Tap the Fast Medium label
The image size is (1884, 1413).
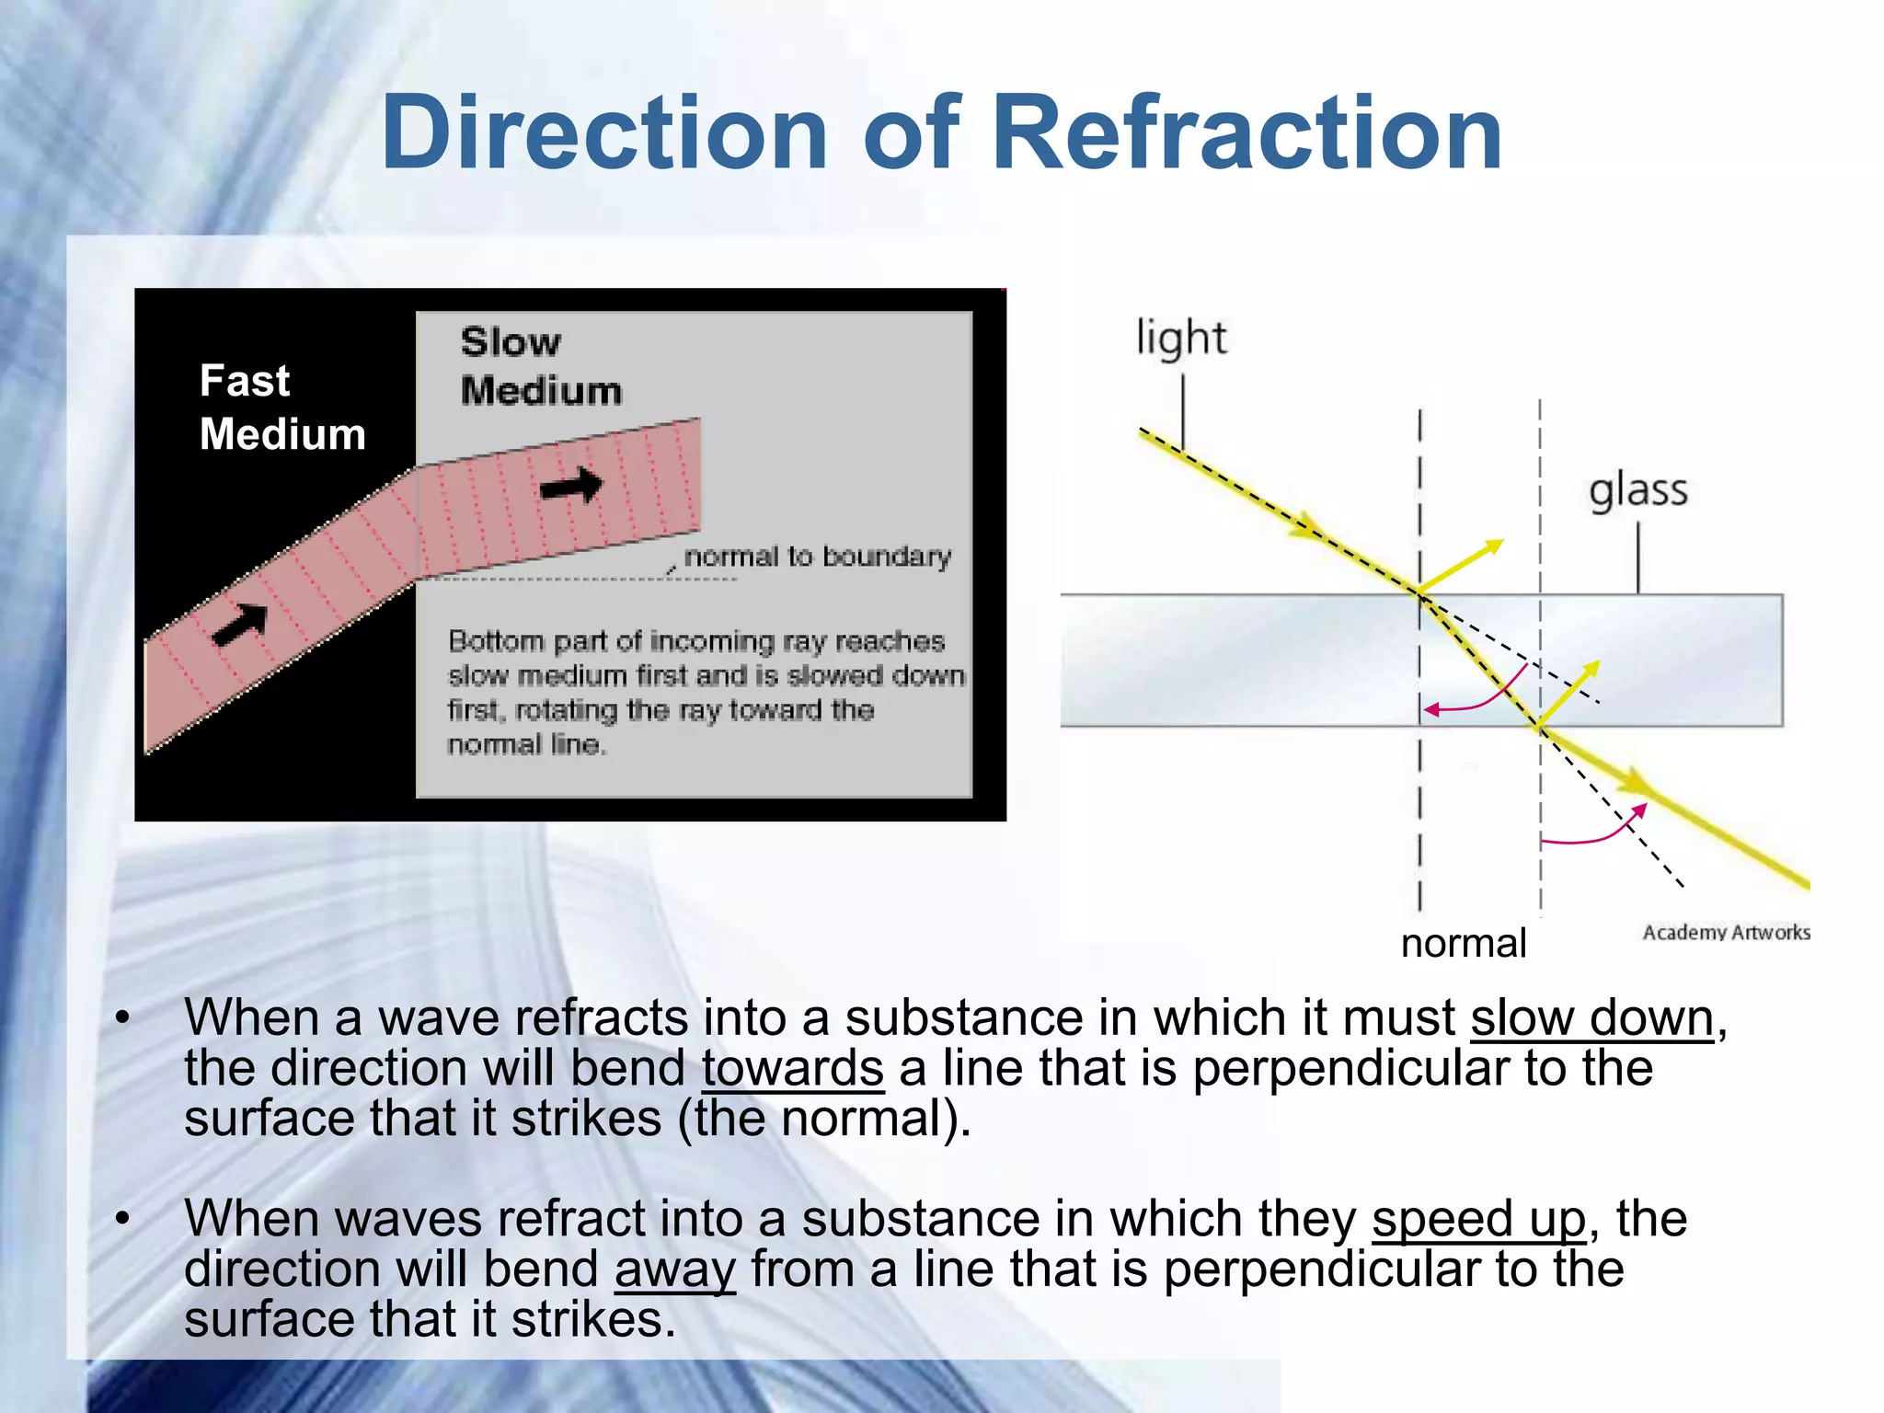pos(281,407)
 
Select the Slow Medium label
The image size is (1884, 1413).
pos(540,366)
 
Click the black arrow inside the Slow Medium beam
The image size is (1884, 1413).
pos(571,485)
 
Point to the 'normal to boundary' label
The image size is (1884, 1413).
pos(817,557)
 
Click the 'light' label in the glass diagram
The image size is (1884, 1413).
pos(1181,338)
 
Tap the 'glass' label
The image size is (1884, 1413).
pos(1638,490)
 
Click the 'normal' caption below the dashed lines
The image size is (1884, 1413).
pos(1463,943)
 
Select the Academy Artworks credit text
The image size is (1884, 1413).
pos(1726,932)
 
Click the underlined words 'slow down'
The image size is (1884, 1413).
pos(1591,1018)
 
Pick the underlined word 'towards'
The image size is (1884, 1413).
pos(792,1068)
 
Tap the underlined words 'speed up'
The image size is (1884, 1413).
pos(1478,1219)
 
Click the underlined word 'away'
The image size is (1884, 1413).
pos(674,1270)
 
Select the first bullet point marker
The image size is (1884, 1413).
pos(122,1018)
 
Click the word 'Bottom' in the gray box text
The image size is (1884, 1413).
pos(494,641)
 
